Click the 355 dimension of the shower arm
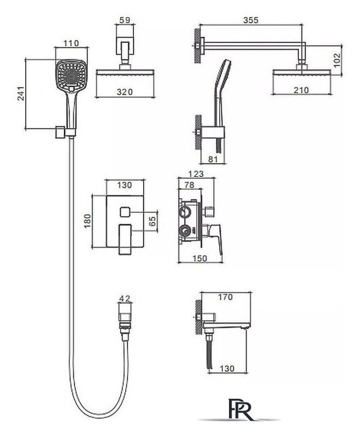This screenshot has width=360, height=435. [251, 20]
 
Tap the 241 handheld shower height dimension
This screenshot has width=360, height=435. [21, 93]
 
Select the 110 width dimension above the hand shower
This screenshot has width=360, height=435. [71, 43]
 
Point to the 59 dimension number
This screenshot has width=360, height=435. [125, 20]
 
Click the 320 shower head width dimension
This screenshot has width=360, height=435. [124, 92]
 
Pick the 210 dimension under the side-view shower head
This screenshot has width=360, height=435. [301, 90]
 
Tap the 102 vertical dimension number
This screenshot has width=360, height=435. [336, 60]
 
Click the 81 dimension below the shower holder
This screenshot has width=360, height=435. [213, 159]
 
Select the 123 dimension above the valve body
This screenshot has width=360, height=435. [196, 174]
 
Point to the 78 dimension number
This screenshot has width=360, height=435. [190, 185]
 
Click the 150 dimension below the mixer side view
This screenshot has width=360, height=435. [200, 258]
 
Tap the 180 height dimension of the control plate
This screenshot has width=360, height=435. [88, 221]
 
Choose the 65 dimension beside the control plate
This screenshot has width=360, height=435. [153, 221]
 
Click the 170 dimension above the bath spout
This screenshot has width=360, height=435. [226, 297]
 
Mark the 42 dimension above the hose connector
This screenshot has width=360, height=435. [125, 298]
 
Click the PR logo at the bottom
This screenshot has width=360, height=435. [240, 409]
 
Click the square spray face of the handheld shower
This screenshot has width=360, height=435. [72, 74]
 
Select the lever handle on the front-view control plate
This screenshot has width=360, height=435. [125, 240]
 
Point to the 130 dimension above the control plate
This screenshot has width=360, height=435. [124, 185]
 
